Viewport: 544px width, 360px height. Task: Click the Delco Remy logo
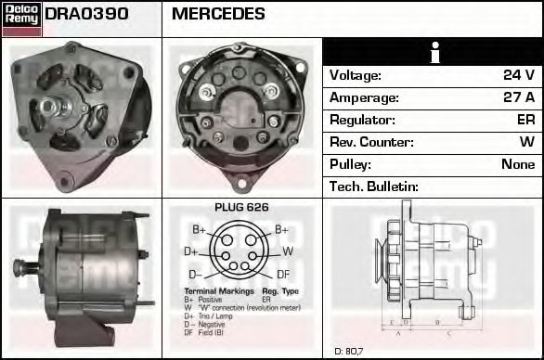coord(21,19)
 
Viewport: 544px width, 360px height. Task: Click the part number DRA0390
coord(86,14)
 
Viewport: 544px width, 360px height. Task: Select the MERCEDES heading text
coord(219,14)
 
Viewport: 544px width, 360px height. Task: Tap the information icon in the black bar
coord(433,52)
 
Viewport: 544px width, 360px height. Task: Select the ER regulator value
coord(525,120)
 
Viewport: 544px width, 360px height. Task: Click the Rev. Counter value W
coord(527,142)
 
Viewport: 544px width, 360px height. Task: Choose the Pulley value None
coord(517,164)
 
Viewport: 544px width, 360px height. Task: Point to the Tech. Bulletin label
coord(374,186)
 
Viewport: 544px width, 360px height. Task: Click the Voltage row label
coord(356,75)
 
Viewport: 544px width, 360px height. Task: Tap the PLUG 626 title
coord(241,208)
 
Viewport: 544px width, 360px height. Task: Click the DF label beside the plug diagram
coord(283,274)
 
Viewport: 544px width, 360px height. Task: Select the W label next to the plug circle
coord(287,251)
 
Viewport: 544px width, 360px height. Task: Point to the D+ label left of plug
coord(191,251)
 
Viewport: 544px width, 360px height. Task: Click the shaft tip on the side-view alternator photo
coord(18,269)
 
